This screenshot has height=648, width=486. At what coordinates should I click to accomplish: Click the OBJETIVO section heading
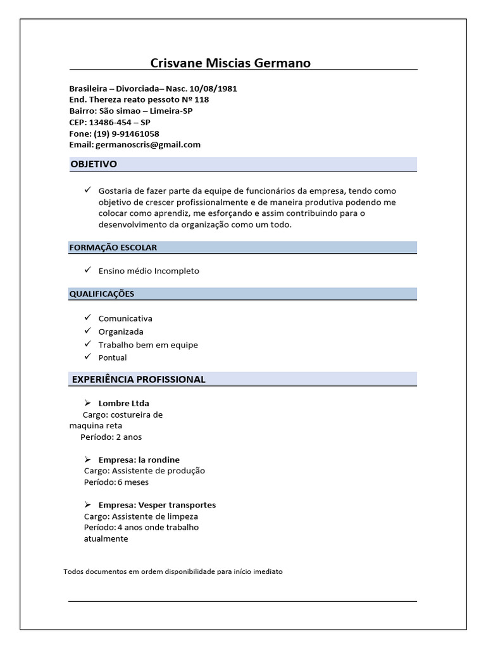[94, 165]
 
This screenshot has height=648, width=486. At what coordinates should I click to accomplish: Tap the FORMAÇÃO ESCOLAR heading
[113, 247]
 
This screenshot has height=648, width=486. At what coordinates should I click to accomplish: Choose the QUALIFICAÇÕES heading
[103, 294]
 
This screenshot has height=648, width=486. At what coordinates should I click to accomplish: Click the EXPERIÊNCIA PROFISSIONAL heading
[139, 379]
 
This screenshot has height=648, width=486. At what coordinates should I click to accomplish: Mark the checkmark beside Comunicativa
[87, 318]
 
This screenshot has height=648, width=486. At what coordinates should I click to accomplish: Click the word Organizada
[121, 332]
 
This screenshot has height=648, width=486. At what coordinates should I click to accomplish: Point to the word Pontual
[113, 358]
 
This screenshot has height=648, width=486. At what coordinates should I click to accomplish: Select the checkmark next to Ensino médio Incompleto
[87, 270]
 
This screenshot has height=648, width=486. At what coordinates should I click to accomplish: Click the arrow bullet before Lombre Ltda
[87, 402]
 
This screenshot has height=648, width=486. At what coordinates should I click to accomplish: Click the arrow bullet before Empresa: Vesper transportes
[87, 505]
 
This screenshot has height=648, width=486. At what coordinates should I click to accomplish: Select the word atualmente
[106, 539]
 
